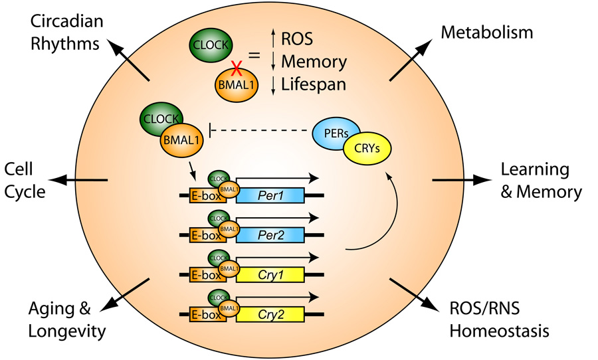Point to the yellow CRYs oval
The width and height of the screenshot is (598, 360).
pyautogui.click(x=367, y=149)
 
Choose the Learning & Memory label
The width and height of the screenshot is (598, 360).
pyautogui.click(x=540, y=180)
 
